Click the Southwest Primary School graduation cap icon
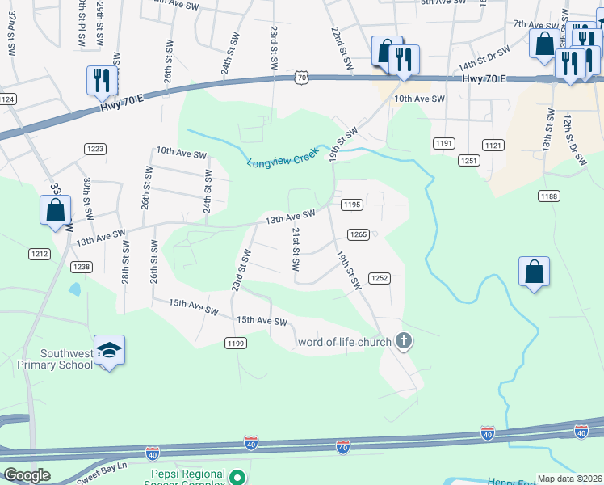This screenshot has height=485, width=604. (x=109, y=349)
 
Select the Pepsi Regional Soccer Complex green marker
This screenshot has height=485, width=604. (x=237, y=478)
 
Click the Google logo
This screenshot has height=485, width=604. (x=27, y=475)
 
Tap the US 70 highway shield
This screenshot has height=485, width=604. (x=301, y=77)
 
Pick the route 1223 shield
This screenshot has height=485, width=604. (x=95, y=148)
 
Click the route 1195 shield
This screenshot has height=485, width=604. (x=350, y=205)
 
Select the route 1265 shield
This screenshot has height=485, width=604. (x=359, y=234)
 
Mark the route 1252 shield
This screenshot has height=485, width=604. (x=380, y=278)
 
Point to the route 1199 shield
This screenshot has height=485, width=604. (x=235, y=344)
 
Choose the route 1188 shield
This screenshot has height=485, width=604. (x=550, y=196)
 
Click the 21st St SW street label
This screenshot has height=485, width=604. (x=296, y=248)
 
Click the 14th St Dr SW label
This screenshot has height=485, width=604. (x=484, y=58)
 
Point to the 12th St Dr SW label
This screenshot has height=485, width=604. (x=574, y=140)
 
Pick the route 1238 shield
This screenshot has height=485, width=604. (x=81, y=266)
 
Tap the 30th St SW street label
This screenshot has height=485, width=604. (x=86, y=199)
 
